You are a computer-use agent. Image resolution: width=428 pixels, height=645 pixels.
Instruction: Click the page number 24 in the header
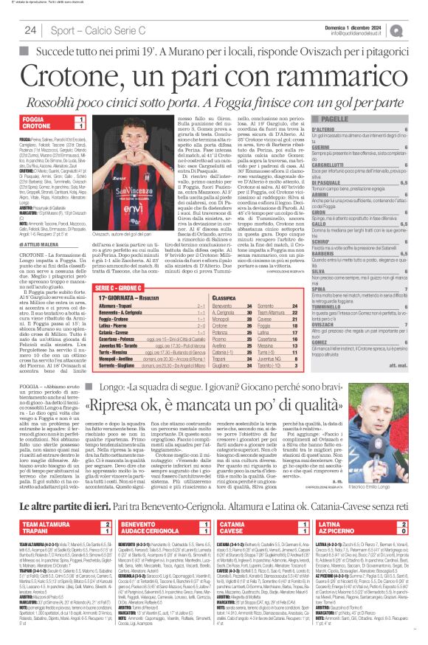point(30,30)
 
